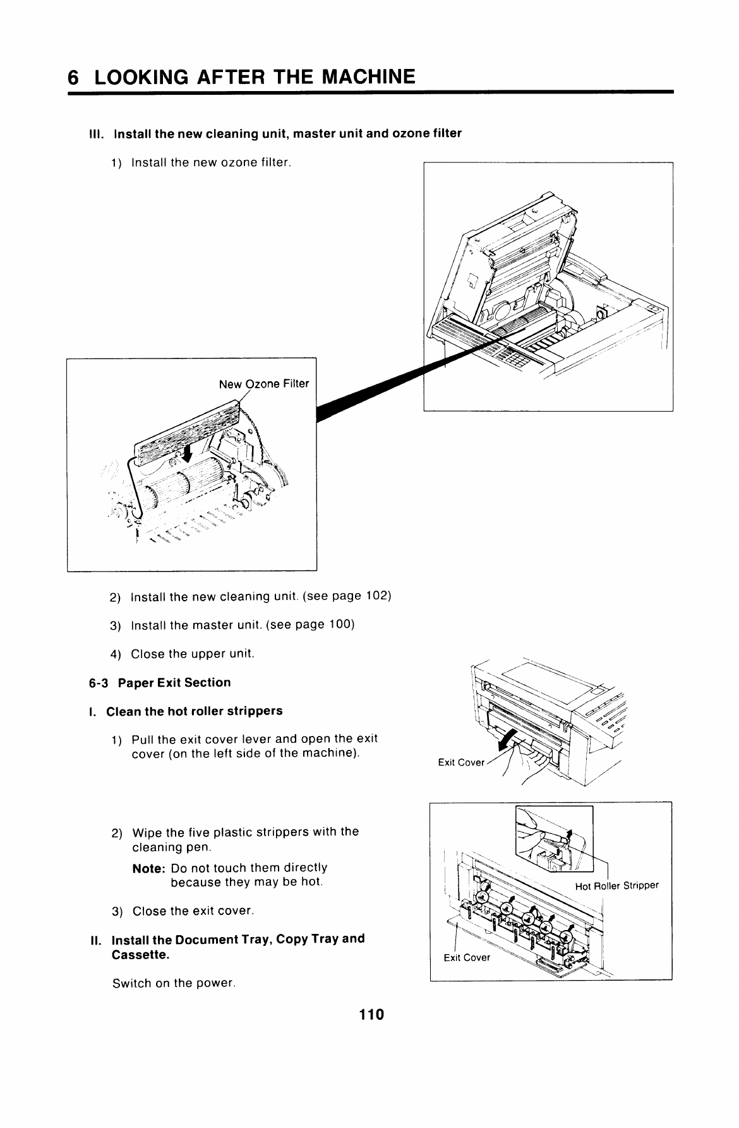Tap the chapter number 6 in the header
coord(74,77)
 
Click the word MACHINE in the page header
coord(369,77)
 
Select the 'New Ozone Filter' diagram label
coord(263,384)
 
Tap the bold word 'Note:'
coord(149,868)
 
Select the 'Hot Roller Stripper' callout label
coord(616,885)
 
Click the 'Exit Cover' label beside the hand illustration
coord(461,763)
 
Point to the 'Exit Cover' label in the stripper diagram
coord(467,957)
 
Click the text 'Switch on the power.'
coord(174,983)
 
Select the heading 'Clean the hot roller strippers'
coord(194,711)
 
